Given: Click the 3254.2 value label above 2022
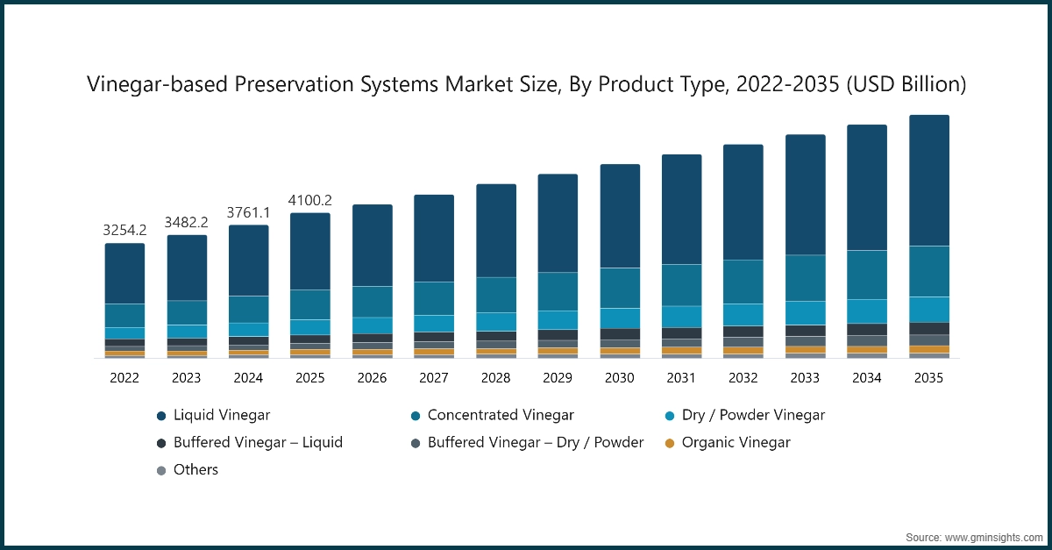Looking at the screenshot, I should (x=124, y=231).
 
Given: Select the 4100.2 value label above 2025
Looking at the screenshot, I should (x=310, y=201).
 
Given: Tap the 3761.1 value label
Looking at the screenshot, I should (x=249, y=213).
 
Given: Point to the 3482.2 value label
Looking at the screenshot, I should (x=187, y=223).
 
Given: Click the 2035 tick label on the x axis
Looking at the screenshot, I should (x=929, y=378).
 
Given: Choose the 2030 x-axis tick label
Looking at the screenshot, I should (x=620, y=378).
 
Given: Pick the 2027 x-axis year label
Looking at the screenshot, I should (x=434, y=378).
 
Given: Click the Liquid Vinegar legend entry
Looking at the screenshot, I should (x=222, y=415).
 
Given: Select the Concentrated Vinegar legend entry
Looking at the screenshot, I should (x=500, y=415).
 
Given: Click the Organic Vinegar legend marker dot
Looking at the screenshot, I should (x=670, y=443).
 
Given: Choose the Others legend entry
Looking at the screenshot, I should (x=195, y=470).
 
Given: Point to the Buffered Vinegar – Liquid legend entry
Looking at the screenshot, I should (x=258, y=443).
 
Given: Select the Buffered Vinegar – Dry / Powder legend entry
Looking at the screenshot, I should (x=535, y=443).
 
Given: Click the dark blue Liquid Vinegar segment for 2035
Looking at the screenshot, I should (x=929, y=180).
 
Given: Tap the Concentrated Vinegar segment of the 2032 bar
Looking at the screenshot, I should (x=743, y=282).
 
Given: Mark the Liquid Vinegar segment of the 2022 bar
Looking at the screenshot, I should (x=124, y=274).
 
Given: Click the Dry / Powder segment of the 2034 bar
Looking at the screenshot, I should (x=867, y=311).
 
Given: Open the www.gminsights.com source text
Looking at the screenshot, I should (x=994, y=536).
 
